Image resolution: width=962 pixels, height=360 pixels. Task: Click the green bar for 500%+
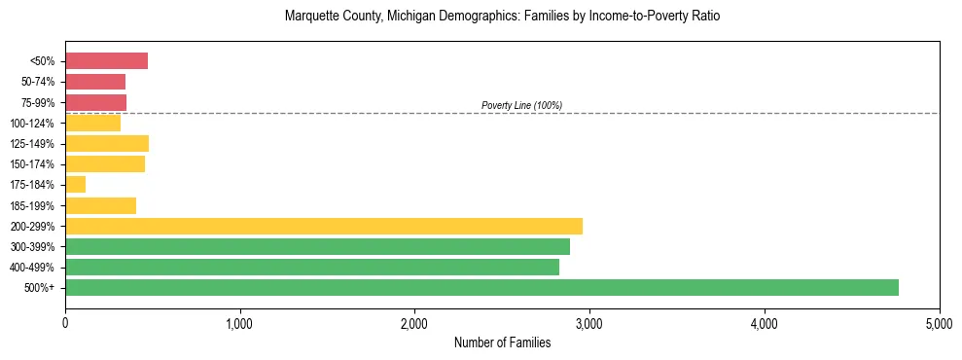481,287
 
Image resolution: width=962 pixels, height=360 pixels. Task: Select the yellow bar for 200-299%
324,226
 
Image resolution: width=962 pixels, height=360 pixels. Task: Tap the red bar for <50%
106,61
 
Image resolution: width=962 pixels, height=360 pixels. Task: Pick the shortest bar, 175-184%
75,185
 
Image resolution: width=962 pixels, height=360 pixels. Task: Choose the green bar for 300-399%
317,246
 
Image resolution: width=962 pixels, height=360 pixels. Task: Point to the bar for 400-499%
312,267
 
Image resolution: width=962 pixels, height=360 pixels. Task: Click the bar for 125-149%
107,143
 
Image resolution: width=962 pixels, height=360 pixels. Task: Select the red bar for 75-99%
95,102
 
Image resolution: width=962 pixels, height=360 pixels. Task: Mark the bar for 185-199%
100,205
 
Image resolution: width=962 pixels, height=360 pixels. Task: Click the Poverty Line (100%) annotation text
521,105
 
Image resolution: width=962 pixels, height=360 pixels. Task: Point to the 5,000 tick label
939,322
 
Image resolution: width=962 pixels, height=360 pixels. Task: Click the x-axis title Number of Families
502,342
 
